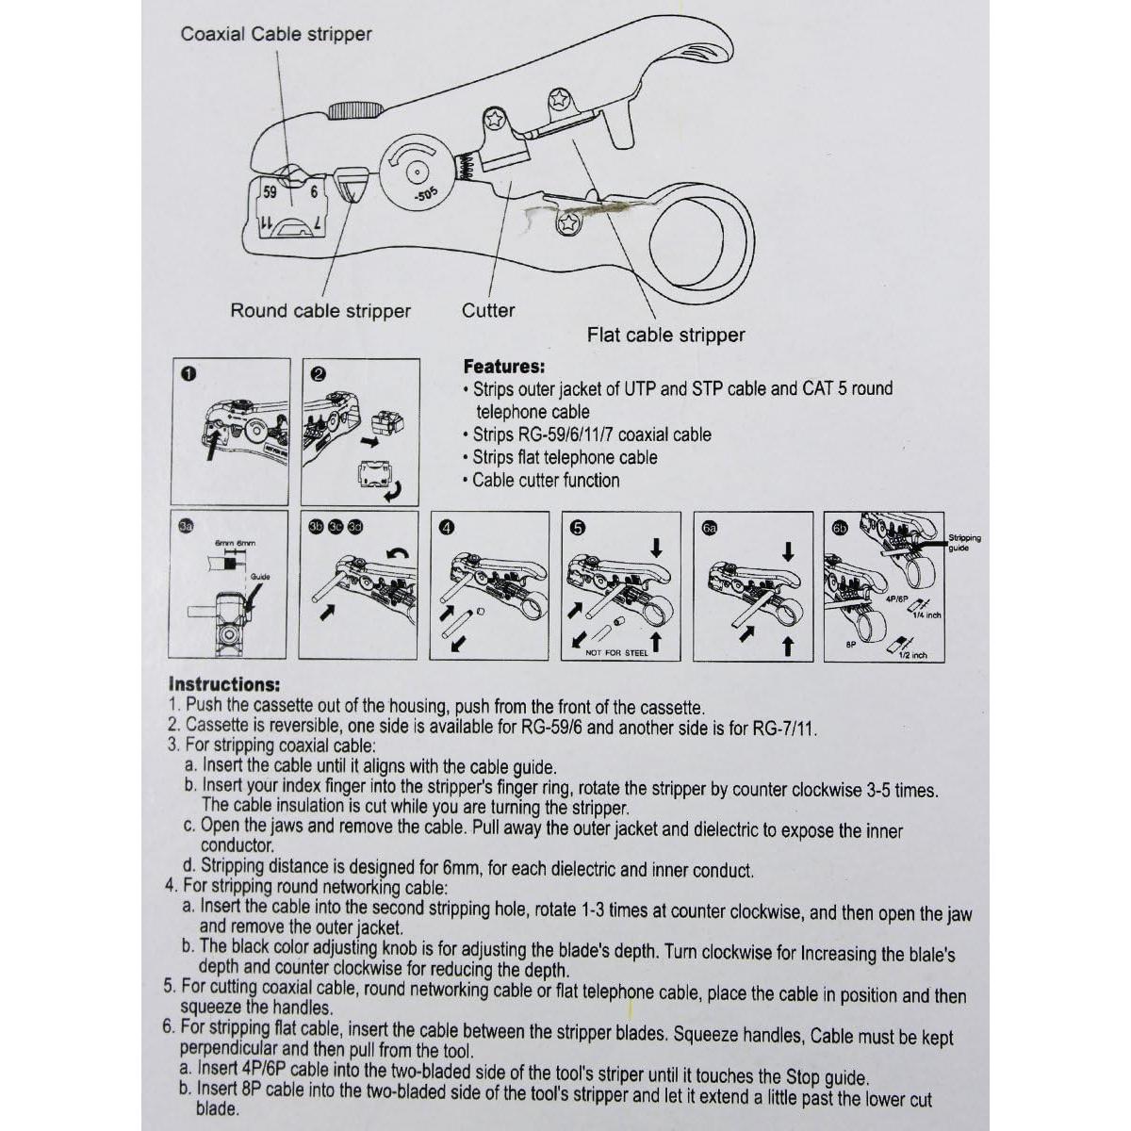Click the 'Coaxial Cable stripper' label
tap(276, 35)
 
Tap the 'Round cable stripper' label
tap(320, 311)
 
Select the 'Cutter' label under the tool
tap(488, 310)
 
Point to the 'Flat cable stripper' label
tap(665, 335)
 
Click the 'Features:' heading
tap(504, 367)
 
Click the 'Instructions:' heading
tap(223, 685)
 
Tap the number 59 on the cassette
tap(270, 192)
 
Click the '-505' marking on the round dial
tap(426, 195)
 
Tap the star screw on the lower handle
tap(567, 224)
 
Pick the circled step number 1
tap(188, 374)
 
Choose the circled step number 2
tap(318, 374)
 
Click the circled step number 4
tap(447, 528)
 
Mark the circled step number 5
tap(578, 528)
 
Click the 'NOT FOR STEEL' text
tap(616, 652)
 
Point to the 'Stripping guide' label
tap(964, 543)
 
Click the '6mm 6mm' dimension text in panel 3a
tap(234, 544)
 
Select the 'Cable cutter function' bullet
tap(546, 481)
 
